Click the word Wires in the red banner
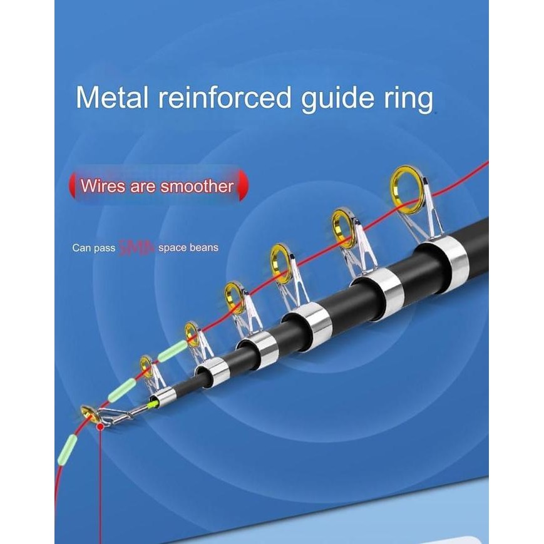click(102, 186)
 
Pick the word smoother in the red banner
click(197, 186)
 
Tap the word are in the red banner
click(142, 186)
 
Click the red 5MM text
click(136, 248)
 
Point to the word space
click(172, 248)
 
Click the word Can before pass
click(81, 248)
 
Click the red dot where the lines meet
click(100, 426)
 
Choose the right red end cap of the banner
click(244, 185)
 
